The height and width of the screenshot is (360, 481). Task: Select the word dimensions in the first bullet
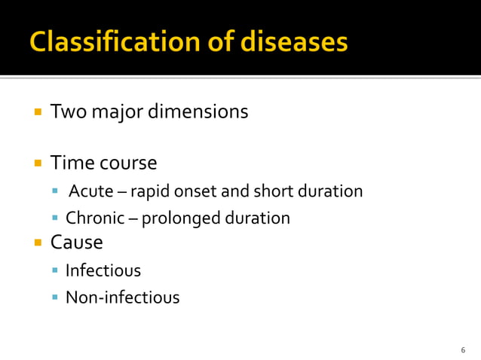(198, 112)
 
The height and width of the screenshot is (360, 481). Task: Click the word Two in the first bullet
(65, 112)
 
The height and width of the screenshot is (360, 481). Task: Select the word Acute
(91, 191)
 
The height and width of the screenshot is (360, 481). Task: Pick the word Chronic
(93, 219)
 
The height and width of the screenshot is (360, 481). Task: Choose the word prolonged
(180, 219)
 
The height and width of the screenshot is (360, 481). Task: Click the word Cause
(76, 243)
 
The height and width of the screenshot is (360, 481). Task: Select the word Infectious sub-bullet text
(103, 270)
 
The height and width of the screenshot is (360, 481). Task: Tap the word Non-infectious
(122, 297)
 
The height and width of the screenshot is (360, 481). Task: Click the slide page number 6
(462, 350)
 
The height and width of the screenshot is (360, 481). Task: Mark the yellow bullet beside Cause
(37, 243)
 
